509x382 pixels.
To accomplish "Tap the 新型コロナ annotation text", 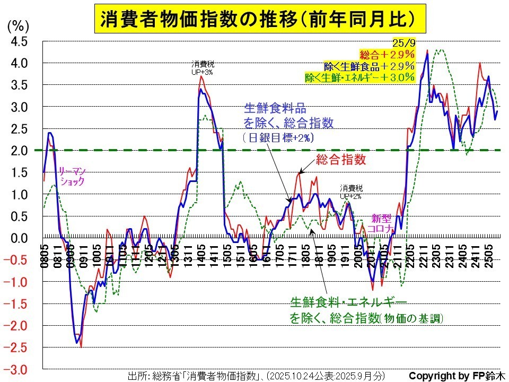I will [x=382, y=223].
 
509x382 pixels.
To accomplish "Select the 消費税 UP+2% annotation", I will [x=352, y=192].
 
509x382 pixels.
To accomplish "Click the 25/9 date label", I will [x=402, y=42].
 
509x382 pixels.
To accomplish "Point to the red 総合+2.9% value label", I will [x=386, y=54].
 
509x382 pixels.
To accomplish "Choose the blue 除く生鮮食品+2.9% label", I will [x=369, y=66].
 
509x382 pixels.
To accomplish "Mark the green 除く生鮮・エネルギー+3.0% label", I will [x=359, y=77].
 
